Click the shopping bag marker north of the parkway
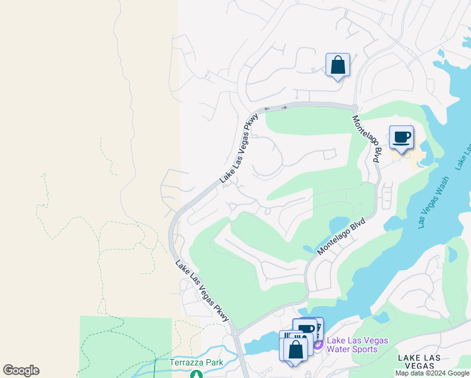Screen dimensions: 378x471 click(338, 65)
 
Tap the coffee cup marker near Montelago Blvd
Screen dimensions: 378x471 click(401, 136)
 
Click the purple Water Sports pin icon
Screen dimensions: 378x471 click(318, 345)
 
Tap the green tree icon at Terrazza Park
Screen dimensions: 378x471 click(195, 374)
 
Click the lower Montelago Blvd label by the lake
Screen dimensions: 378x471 click(341, 236)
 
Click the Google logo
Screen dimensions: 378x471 click(21, 370)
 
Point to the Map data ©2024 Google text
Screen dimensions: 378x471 click(432, 373)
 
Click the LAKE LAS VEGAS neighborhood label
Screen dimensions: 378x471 click(424, 362)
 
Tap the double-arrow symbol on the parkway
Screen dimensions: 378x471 click(275, 108)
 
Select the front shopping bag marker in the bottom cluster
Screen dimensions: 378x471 click(296, 348)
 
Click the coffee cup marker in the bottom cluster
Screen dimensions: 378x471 click(305, 329)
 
